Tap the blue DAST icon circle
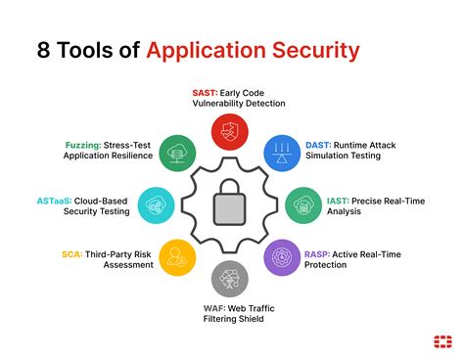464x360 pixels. tap(285, 153)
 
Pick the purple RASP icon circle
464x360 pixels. tap(285, 256)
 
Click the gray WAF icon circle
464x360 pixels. tap(233, 279)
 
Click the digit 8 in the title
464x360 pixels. tap(43, 50)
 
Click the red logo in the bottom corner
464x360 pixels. tap(441, 340)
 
